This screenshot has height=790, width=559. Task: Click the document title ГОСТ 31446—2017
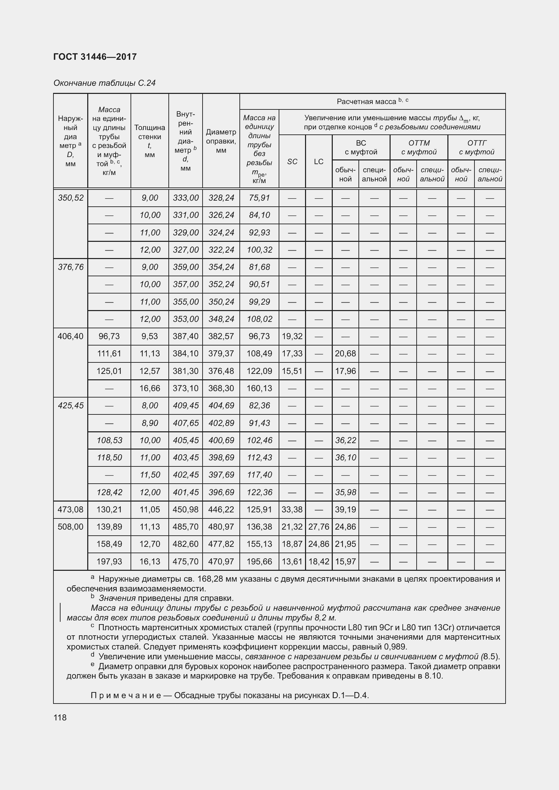click(95, 57)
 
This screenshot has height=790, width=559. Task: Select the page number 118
click(60, 717)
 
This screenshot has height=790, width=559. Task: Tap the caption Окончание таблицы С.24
click(104, 83)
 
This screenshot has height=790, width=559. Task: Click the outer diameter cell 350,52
click(71, 198)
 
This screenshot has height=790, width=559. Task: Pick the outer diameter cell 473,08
click(71, 509)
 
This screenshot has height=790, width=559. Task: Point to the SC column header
click(292, 161)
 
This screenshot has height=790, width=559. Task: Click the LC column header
click(319, 161)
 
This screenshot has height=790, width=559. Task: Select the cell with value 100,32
click(259, 250)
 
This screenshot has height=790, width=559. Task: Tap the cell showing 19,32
click(292, 336)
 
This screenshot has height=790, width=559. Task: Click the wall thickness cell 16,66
click(150, 388)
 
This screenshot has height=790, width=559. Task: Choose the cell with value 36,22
click(346, 440)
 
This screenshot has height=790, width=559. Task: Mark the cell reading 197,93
click(109, 561)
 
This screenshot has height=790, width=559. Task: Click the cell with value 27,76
click(319, 527)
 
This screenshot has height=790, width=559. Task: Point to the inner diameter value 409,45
click(186, 405)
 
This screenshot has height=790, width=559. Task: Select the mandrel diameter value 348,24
click(221, 319)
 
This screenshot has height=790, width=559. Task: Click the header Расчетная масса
click(367, 102)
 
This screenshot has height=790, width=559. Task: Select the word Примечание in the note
click(126, 695)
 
